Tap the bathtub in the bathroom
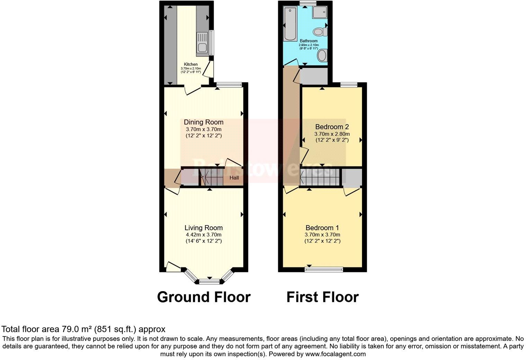(x=288, y=24)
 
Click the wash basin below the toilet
(x=322, y=55)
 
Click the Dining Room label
(x=203, y=122)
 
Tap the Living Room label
(x=203, y=228)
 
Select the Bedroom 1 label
(x=322, y=228)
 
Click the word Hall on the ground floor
(x=234, y=178)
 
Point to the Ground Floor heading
(x=203, y=297)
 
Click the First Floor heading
(x=322, y=297)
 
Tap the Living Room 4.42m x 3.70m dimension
(x=203, y=235)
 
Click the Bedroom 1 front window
(x=324, y=269)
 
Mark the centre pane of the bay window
(x=209, y=281)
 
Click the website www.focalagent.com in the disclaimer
(x=335, y=354)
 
